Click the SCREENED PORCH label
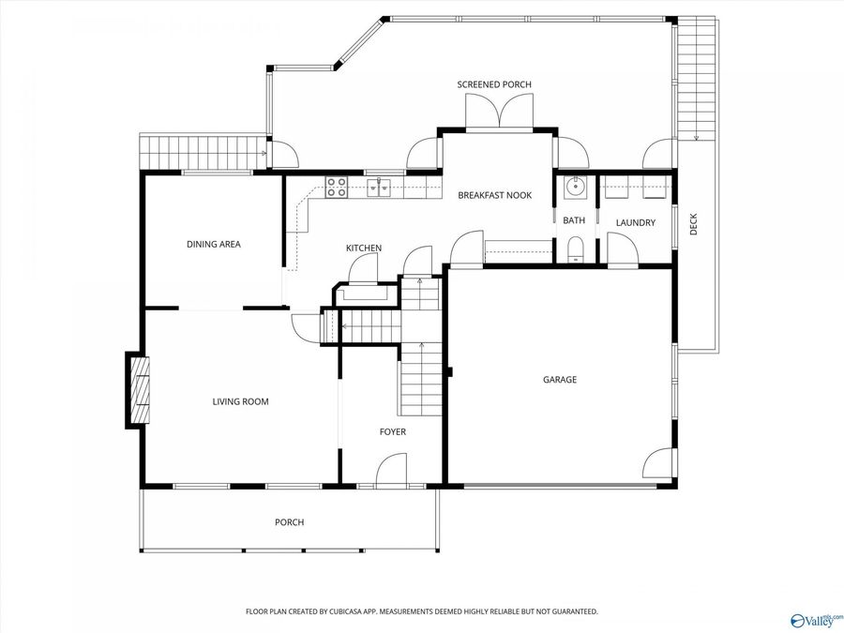(x=494, y=84)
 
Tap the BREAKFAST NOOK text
(x=494, y=195)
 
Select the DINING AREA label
(x=213, y=244)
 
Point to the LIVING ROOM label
(x=240, y=401)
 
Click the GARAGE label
(x=560, y=380)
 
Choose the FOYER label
(x=392, y=431)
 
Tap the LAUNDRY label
(x=635, y=222)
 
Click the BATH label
(x=573, y=220)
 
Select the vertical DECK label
(x=694, y=224)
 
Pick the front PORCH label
(x=289, y=522)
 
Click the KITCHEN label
(x=364, y=248)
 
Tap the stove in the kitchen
(x=336, y=187)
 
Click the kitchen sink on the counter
(x=379, y=188)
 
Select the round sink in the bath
(x=574, y=188)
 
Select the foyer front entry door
(x=392, y=471)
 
